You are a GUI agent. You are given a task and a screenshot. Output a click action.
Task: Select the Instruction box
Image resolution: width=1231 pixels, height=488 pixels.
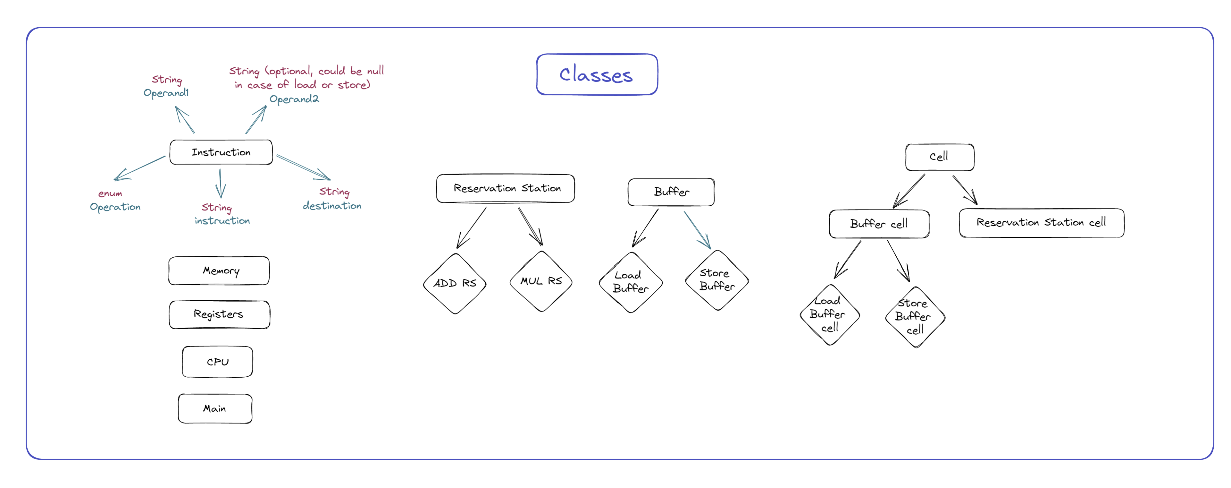click(x=221, y=152)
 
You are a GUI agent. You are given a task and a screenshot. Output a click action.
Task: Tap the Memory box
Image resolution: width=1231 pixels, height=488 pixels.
click(x=219, y=271)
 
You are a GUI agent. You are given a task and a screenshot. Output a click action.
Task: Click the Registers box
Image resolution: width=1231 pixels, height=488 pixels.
click(x=219, y=314)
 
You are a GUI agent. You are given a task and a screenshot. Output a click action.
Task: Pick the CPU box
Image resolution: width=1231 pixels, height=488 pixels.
click(x=217, y=362)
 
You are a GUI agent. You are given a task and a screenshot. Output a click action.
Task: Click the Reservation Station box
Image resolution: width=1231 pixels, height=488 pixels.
click(x=505, y=188)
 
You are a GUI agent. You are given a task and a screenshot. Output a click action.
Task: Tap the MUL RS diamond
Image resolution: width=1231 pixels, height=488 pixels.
click(x=540, y=281)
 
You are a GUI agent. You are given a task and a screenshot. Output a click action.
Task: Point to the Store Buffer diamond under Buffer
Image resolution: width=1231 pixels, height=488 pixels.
click(x=716, y=280)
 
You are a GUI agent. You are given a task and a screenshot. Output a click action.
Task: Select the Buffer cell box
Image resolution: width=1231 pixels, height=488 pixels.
click(x=878, y=223)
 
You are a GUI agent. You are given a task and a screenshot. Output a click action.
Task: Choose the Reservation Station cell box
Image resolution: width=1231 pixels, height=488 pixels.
click(x=1041, y=222)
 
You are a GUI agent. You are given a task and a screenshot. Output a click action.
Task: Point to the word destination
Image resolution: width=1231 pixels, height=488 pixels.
click(x=332, y=206)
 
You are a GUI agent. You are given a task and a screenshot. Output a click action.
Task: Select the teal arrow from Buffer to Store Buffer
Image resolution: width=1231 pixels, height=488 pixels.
click(x=697, y=230)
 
